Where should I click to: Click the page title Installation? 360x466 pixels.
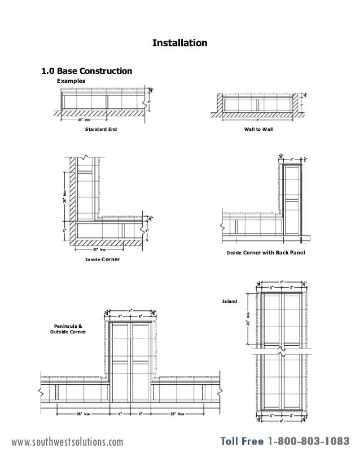180,43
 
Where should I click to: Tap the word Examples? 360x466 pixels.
71,81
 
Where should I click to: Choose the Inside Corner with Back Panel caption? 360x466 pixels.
265,252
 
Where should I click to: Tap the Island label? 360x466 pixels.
230,302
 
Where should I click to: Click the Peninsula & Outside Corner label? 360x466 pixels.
68,329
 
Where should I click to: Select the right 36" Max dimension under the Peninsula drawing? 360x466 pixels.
175,413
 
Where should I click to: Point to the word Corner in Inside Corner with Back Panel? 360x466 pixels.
252,252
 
